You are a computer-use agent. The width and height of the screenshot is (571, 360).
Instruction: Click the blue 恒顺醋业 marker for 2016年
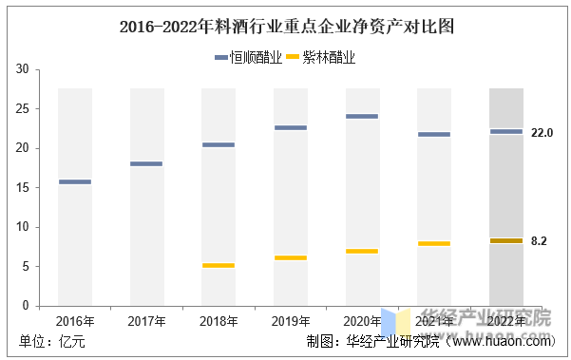point(75,181)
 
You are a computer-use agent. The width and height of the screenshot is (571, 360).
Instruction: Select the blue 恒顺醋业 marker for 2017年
point(146,163)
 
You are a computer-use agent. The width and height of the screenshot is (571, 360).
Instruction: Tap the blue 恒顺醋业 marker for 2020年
point(362,117)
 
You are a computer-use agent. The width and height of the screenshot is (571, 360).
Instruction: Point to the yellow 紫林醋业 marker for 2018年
point(219,265)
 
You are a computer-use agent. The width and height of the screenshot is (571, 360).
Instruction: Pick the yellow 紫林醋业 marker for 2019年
point(291,257)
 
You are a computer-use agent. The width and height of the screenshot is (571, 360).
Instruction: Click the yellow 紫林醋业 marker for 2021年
point(434,243)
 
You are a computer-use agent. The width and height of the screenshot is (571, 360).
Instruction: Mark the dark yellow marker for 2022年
point(506,240)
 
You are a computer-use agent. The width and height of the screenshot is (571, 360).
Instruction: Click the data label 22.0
point(542,133)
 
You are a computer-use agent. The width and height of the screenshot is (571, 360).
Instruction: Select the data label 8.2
point(539,241)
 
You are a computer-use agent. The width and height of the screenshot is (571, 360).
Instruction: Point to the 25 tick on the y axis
point(23,108)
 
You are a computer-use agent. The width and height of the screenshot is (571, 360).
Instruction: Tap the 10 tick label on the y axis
point(23,227)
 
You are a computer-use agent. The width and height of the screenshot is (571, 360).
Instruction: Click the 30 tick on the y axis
point(23,68)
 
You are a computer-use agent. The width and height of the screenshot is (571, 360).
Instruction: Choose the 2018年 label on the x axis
point(219,321)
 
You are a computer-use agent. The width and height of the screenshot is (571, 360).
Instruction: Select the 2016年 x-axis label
point(75,321)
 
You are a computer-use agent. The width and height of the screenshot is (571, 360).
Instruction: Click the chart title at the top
point(287,27)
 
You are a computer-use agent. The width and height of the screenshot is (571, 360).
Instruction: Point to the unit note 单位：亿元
point(52,342)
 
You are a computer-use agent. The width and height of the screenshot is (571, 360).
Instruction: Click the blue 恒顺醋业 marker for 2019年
point(291,128)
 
